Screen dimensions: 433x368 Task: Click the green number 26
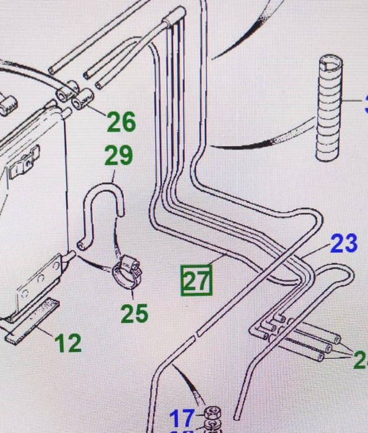coord(121,122)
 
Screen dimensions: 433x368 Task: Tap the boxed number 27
coord(196,281)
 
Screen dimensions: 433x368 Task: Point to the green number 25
coord(134,313)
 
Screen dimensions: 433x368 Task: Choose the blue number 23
coord(344,243)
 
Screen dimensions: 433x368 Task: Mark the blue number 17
coord(182,416)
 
